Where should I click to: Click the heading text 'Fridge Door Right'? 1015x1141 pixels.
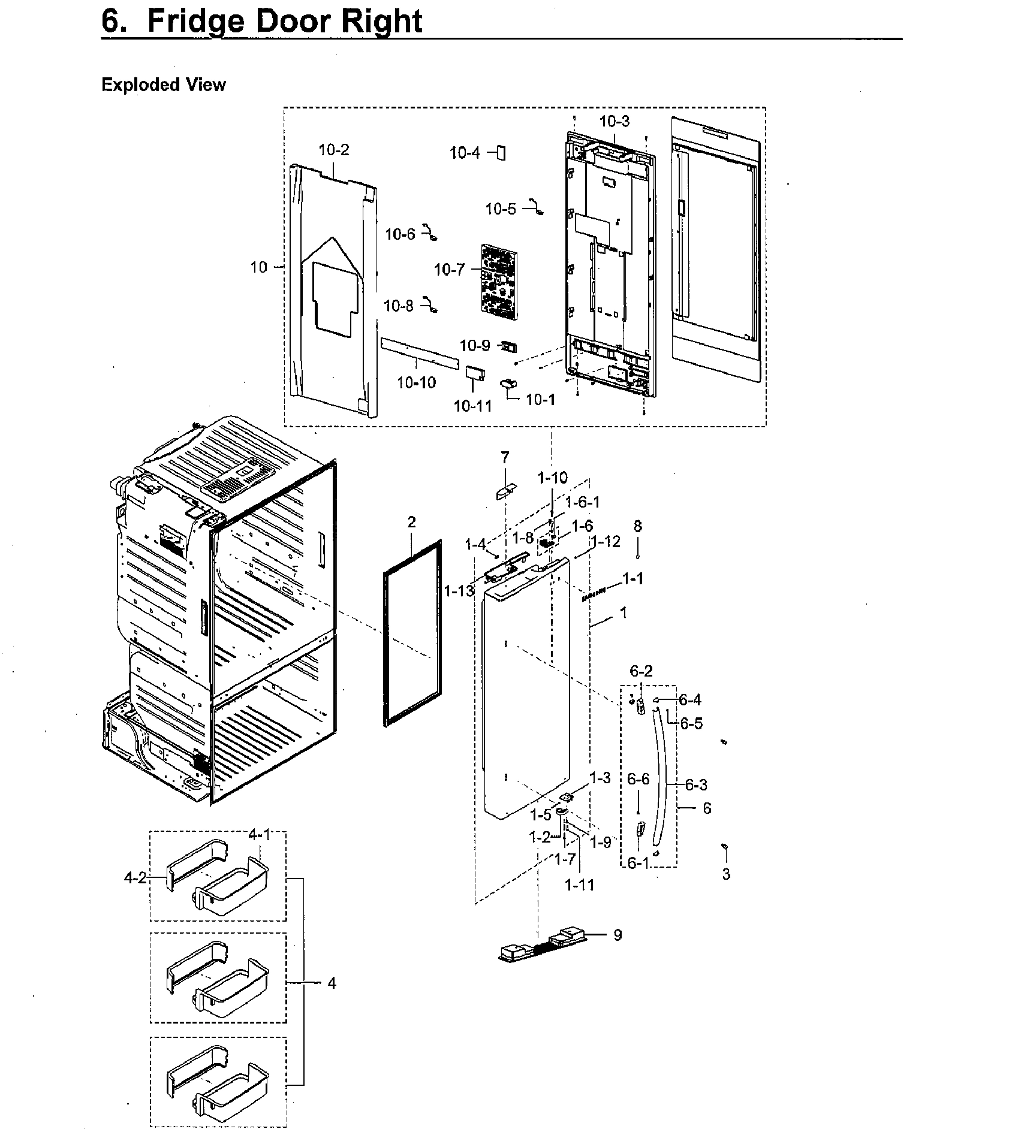284,21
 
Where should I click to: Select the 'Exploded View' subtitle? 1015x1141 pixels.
163,85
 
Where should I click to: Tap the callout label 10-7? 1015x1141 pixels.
449,270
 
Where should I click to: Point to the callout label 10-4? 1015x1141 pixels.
465,153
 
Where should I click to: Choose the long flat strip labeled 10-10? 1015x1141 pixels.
420,353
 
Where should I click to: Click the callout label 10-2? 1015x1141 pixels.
333,150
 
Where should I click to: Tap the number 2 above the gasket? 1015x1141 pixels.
411,522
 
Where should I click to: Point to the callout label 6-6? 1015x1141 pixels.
638,779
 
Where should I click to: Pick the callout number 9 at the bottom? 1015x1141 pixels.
618,935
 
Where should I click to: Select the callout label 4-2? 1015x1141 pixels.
135,878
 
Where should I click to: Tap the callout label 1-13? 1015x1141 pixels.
459,591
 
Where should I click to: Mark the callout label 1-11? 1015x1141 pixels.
579,885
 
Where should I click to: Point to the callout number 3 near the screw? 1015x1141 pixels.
726,874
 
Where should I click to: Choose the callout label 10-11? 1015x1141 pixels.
472,406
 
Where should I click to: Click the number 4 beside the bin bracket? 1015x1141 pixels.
332,983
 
